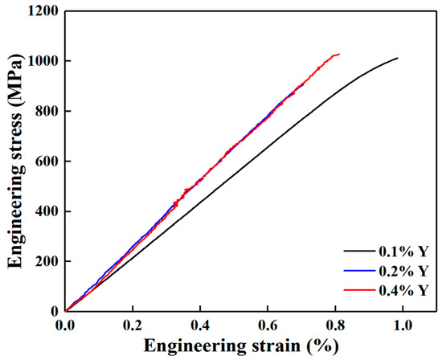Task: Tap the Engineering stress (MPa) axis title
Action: [13, 161]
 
